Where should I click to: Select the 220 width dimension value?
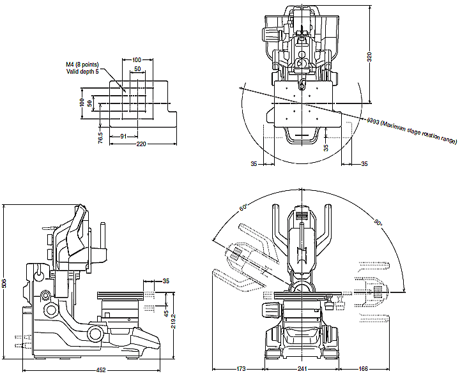click(141, 144)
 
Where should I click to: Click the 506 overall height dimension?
click(4, 283)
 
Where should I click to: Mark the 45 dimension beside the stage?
click(166, 313)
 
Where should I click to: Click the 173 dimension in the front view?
click(241, 370)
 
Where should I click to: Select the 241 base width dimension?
click(302, 370)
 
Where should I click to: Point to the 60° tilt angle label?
click(243, 208)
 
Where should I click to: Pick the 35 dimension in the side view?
click(165, 280)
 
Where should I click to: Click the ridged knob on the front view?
click(270, 310)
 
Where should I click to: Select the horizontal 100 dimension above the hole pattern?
click(136, 59)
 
